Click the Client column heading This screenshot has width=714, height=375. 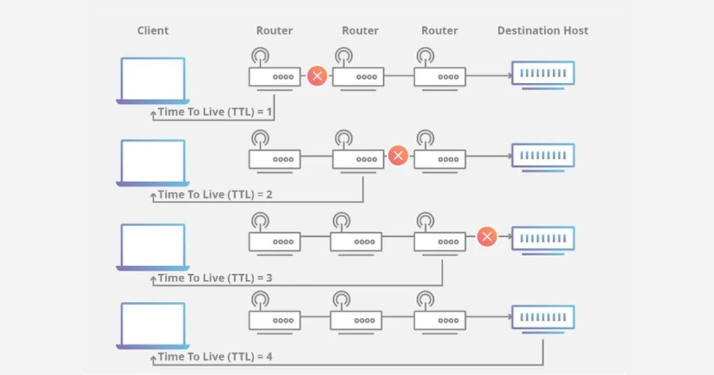[153, 31]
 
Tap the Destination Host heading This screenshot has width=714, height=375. [543, 31]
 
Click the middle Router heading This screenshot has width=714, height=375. [360, 31]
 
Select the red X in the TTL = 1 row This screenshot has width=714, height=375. [317, 76]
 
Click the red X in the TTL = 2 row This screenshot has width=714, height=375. [398, 157]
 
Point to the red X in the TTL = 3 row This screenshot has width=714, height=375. [487, 237]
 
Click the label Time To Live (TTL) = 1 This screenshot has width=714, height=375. [215, 112]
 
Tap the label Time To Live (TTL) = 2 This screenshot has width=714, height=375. [215, 195]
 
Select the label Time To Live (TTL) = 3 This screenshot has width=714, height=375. [215, 278]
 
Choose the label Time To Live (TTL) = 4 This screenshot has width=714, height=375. [215, 357]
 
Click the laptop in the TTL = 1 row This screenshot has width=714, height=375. [153, 80]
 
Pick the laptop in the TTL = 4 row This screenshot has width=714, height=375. [153, 325]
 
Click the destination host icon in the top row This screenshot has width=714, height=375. [543, 74]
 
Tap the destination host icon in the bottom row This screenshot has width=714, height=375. [543, 318]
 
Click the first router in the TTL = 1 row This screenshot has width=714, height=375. [274, 76]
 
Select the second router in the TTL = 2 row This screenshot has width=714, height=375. [358, 159]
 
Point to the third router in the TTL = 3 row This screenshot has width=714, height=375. [440, 242]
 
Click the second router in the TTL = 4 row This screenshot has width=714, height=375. [356, 320]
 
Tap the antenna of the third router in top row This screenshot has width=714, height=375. [425, 57]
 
